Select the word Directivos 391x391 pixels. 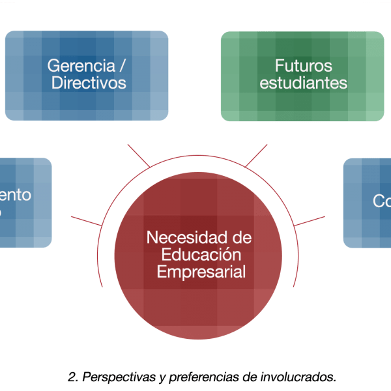click(x=89, y=83)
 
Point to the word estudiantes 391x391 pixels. click(x=303, y=83)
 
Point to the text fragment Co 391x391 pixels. click(x=382, y=201)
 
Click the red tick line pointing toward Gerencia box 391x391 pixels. click(x=138, y=154)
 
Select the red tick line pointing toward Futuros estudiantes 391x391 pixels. click(x=256, y=154)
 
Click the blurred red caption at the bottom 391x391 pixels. click(x=201, y=377)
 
